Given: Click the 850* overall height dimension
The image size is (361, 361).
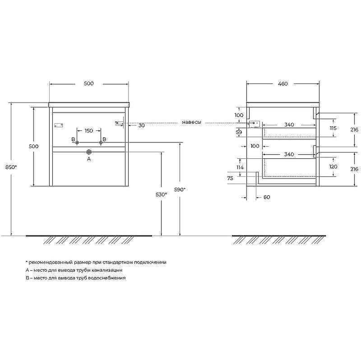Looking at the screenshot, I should [13, 167].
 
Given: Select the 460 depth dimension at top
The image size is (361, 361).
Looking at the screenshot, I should [282, 83].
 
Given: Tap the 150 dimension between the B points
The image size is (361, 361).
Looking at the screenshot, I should [88, 131].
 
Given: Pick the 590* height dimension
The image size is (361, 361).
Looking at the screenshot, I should [180, 190].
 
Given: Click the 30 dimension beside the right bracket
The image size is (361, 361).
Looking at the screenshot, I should [141, 125].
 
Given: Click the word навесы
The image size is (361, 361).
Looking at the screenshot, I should [191, 122].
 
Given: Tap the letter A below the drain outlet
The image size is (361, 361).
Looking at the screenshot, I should [88, 159].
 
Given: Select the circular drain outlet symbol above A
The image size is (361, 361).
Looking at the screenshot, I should [88, 152].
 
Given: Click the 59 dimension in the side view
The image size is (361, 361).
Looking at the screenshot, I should [239, 132].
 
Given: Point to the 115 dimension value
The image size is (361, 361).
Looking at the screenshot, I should [333, 128].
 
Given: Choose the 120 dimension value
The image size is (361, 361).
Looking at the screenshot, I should [333, 167].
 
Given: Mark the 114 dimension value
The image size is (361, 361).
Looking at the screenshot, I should [240, 167].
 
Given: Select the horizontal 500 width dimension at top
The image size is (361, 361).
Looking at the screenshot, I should [88, 83].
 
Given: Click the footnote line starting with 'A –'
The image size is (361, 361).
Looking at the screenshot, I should [74, 270].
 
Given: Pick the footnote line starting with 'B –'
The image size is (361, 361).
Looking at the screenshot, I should [75, 278].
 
